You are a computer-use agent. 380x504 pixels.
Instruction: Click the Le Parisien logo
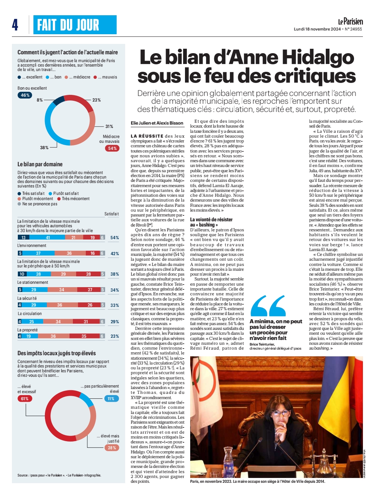coord(350,22)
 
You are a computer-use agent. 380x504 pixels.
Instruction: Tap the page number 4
coord(15,25)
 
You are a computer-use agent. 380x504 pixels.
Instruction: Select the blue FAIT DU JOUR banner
coord(75,25)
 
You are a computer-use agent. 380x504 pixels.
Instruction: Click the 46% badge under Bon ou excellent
coord(25,95)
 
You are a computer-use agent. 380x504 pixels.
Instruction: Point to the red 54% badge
coord(112,148)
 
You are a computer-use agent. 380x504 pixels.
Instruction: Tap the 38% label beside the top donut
coord(44,148)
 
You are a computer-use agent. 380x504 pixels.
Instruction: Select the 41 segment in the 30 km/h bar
coord(47,237)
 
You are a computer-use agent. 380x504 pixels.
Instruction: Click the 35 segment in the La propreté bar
coord(84,336)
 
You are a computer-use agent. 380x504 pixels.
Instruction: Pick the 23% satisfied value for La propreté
coord(115,336)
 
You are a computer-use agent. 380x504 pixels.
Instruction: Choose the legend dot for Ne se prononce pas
coord(19,204)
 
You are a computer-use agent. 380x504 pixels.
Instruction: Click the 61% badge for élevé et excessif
coord(25,399)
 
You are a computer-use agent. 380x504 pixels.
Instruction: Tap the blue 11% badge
coord(111,399)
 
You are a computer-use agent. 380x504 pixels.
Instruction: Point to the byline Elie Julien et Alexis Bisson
coord(157,123)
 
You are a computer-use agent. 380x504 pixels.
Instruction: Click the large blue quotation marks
coord(268,306)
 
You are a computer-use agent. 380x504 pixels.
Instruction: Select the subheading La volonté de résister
coord(211,219)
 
